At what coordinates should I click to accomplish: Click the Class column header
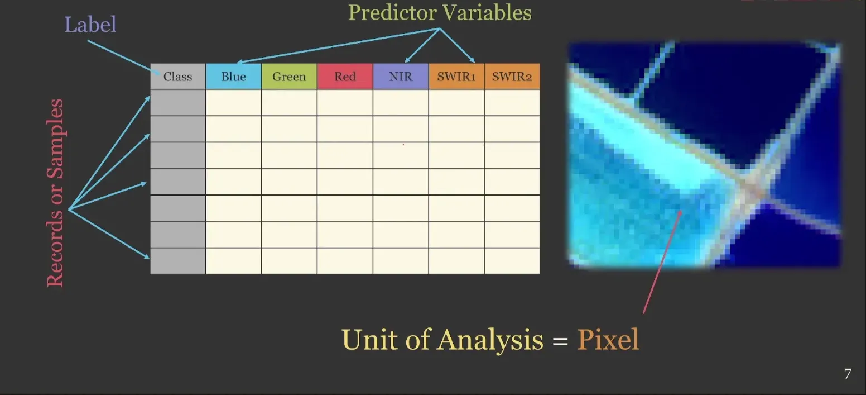click(178, 77)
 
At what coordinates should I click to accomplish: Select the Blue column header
click(233, 77)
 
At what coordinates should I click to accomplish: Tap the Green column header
click(289, 77)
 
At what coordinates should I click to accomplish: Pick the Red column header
click(345, 77)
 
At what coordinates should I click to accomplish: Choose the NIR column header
click(401, 77)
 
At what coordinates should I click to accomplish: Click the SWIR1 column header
click(456, 77)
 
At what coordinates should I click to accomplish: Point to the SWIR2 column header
click(512, 77)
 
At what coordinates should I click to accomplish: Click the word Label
click(90, 25)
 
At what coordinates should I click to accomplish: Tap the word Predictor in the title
click(392, 13)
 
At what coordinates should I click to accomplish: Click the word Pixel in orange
click(608, 340)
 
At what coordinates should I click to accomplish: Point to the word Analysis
click(490, 340)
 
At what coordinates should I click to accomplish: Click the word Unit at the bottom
click(369, 340)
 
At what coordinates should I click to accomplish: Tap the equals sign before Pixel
click(560, 341)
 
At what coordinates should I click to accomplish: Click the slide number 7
click(848, 374)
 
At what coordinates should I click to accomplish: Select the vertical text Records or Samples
click(55, 193)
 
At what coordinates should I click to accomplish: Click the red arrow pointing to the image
click(662, 262)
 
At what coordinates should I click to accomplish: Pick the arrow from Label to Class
click(124, 58)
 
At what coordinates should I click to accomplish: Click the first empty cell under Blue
click(233, 103)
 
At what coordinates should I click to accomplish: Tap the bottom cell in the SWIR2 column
click(512, 261)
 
